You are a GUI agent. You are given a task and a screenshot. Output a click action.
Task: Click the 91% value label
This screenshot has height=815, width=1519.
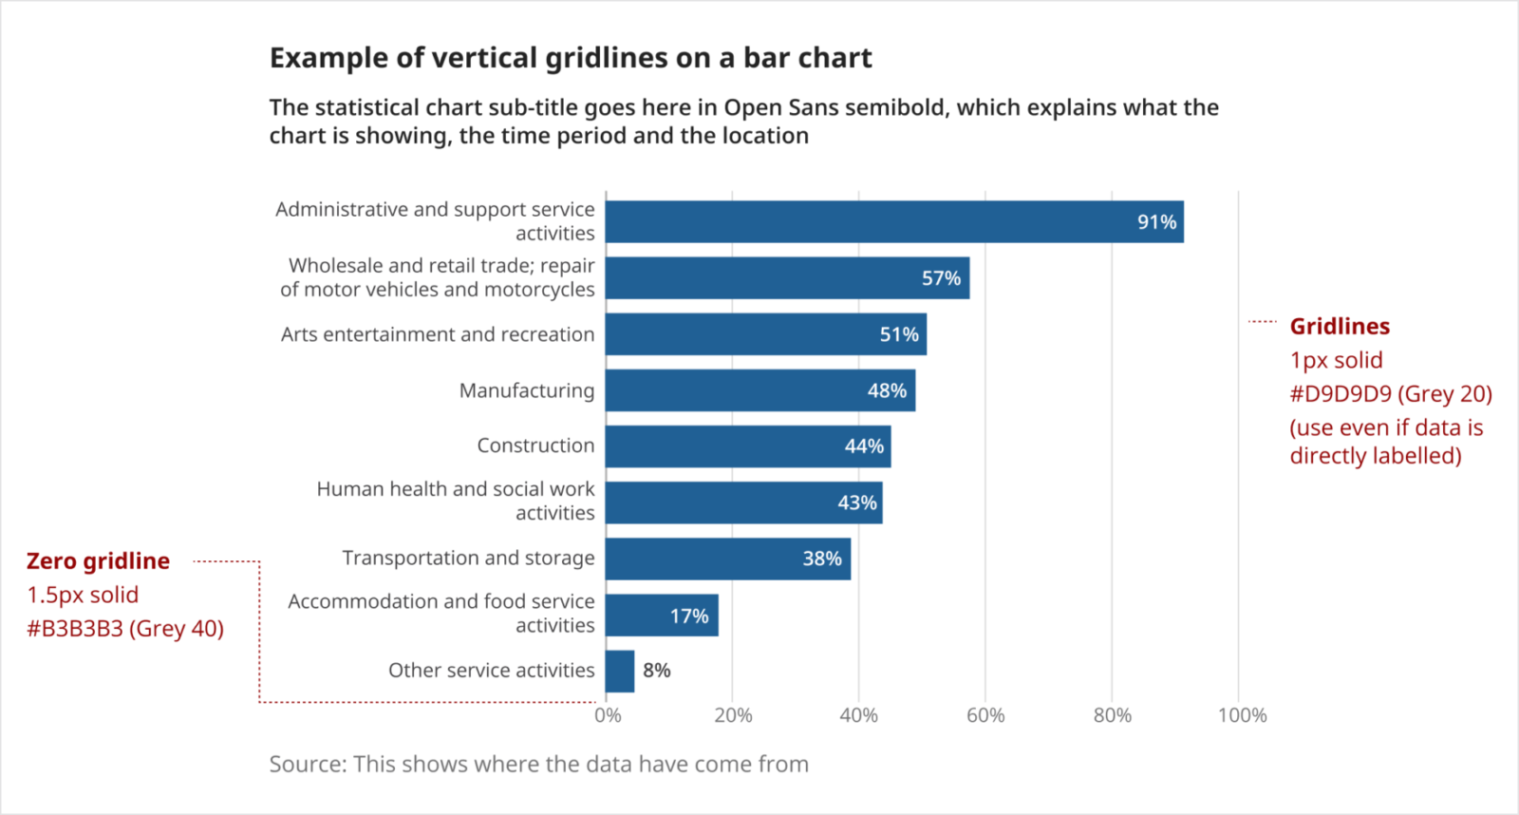1156,222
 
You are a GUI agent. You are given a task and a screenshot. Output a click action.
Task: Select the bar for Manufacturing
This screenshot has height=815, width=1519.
759,390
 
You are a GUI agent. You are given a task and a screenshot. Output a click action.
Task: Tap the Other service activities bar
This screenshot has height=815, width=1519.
620,672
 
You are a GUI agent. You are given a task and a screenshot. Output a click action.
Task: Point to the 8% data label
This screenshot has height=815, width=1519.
657,671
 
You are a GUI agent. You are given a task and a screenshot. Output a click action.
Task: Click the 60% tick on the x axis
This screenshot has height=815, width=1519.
985,715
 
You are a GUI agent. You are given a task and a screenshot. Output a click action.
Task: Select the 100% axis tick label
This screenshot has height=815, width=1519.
1242,715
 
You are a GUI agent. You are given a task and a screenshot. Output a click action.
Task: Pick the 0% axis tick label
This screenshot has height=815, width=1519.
608,715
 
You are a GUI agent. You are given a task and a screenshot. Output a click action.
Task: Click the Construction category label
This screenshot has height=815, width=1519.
535,445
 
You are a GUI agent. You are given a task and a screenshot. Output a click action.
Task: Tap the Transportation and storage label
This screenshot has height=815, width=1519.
468,558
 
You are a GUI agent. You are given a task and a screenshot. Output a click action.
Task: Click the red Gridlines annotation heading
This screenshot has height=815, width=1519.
1339,327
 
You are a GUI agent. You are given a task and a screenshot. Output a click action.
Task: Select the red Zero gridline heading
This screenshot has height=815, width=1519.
98,561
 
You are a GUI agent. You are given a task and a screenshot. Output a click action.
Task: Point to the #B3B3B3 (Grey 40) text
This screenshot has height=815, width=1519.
125,629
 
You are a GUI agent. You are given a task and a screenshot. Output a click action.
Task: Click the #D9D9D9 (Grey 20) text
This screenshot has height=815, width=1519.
1390,394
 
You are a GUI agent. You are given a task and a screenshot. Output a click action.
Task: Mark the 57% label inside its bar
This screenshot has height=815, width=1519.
941,278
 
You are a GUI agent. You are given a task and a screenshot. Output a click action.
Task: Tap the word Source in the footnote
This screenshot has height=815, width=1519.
306,765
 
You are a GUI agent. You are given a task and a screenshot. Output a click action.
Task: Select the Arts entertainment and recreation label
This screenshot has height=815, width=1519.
437,334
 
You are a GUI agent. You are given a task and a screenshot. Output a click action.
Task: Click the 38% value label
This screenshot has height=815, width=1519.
821,559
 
